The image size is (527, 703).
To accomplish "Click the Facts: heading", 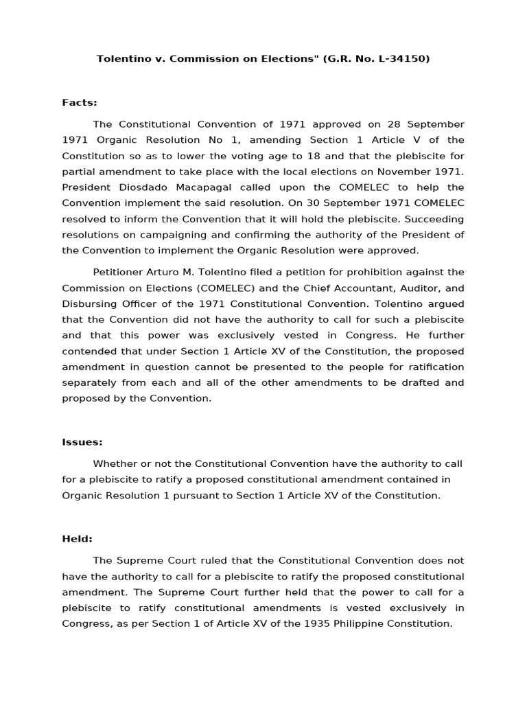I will pyautogui.click(x=80, y=103).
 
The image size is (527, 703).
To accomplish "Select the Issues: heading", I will pyautogui.click(x=82, y=442).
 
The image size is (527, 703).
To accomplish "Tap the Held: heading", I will pyautogui.click(x=78, y=540).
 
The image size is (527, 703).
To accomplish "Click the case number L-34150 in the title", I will pyautogui.click(x=402, y=59).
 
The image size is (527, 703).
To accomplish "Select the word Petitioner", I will pyautogui.click(x=120, y=273).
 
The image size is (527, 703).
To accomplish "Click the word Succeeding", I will pyautogui.click(x=434, y=219).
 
